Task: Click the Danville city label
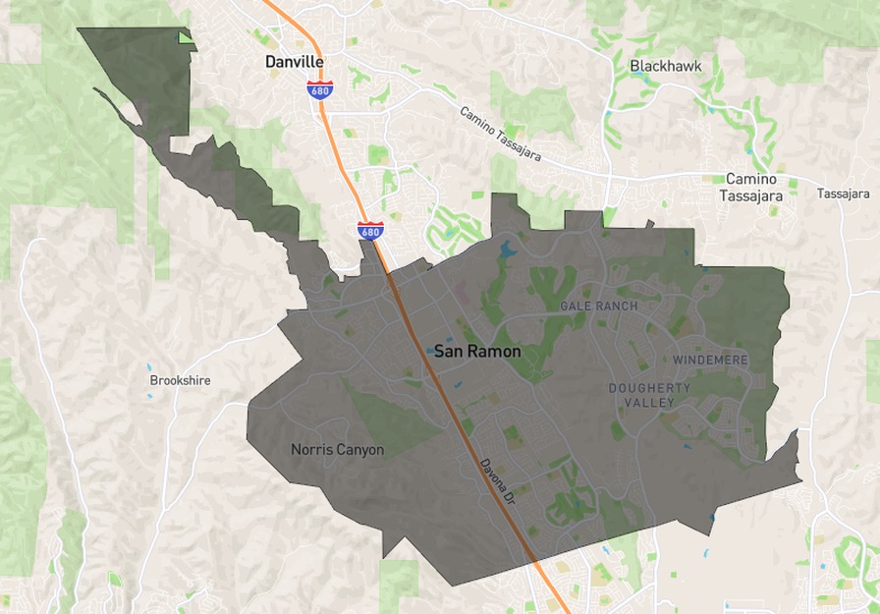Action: click(295, 61)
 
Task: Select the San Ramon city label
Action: click(478, 351)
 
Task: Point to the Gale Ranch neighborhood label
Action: click(598, 307)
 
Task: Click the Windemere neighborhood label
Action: click(710, 361)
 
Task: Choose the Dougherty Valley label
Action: click(649, 395)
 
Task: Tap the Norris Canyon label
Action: click(337, 450)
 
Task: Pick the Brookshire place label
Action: click(180, 380)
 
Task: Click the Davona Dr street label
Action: click(498, 482)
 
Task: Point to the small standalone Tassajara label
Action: click(843, 195)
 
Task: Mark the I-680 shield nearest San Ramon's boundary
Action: click(370, 231)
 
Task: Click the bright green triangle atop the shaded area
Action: click(185, 38)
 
